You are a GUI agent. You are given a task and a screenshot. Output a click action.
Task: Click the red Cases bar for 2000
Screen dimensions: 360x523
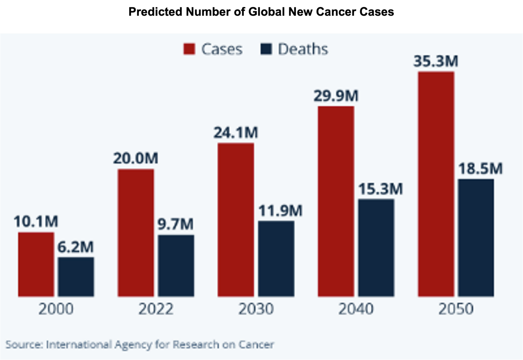click(x=36, y=264)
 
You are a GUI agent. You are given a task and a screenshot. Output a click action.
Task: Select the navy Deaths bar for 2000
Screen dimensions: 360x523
click(x=76, y=277)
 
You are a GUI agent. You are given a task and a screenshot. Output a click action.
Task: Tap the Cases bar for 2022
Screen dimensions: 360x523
click(x=136, y=233)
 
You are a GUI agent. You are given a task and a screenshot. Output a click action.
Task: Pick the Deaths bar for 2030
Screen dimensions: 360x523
click(x=276, y=259)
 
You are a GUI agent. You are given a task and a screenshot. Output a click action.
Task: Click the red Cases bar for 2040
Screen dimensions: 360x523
click(x=336, y=201)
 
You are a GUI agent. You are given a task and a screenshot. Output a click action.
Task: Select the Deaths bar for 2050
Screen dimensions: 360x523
click(x=476, y=237)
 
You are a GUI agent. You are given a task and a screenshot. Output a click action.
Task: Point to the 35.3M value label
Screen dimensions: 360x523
click(x=436, y=61)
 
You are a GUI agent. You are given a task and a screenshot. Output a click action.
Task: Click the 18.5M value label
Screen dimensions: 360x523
click(x=480, y=169)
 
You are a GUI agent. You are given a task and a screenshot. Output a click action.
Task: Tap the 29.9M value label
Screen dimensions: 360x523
click(x=336, y=96)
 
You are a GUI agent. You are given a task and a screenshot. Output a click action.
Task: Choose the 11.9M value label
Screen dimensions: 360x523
click(x=280, y=211)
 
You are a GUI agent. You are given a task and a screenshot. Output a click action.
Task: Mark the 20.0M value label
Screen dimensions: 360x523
click(x=136, y=158)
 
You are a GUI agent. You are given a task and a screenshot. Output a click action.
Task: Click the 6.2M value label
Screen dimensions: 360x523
click(x=76, y=247)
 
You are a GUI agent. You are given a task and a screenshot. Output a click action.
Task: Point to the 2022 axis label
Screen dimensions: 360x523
click(x=156, y=309)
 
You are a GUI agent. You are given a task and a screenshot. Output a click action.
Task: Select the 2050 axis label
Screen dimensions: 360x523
click(x=456, y=309)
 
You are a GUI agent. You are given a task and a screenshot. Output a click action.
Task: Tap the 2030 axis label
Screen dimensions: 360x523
click(x=256, y=309)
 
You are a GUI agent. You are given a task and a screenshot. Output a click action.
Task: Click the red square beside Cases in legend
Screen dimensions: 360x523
click(x=189, y=49)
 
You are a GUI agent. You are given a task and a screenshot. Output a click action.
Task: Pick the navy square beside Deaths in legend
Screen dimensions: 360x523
click(x=266, y=49)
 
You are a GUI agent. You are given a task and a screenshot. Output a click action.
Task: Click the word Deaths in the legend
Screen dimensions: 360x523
click(x=303, y=49)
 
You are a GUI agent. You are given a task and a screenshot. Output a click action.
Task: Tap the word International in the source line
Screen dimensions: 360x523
click(x=78, y=345)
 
